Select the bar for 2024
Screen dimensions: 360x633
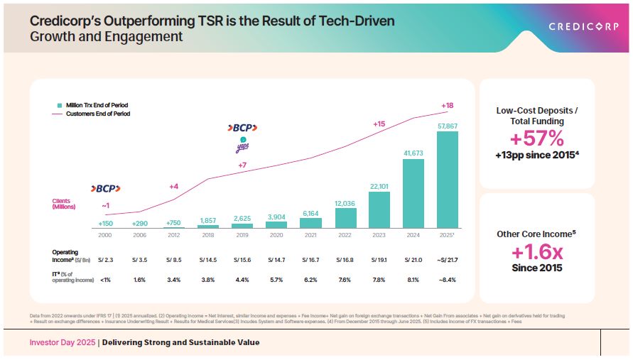coord(413,193)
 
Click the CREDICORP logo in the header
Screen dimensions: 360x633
coord(585,27)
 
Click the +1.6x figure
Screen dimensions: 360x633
coord(537,252)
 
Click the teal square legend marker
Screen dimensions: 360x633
coord(60,105)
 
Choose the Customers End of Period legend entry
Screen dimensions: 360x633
coord(98,114)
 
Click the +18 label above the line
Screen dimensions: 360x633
coord(448,105)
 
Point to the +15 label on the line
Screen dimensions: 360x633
coord(379,124)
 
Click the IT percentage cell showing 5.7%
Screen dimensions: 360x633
coord(276,280)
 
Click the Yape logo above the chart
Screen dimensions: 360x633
coord(243,147)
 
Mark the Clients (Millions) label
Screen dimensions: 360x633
coord(62,204)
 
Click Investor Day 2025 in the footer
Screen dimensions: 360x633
coord(63,342)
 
